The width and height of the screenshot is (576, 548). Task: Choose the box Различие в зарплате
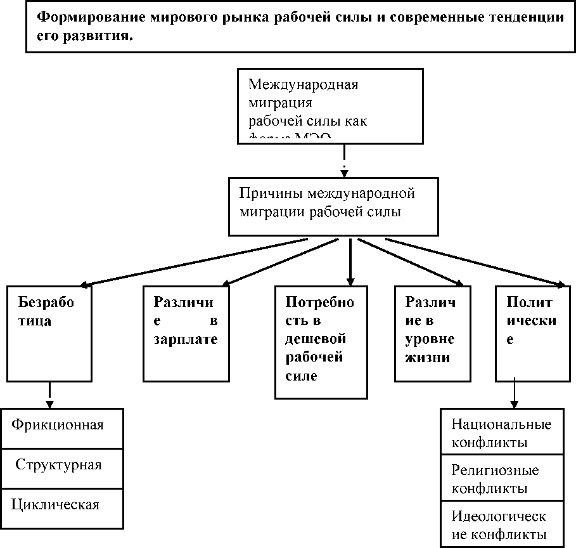[186, 333]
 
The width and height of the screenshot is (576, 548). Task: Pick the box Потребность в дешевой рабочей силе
[321, 342]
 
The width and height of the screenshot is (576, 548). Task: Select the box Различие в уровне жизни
[433, 333]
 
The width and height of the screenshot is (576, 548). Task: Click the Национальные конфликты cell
[501, 432]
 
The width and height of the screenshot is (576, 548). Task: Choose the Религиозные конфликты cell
[501, 478]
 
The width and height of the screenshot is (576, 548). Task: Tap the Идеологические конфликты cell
[501, 525]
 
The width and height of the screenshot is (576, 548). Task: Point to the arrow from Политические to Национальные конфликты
[514, 394]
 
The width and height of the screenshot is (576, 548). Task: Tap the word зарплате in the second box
[186, 339]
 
